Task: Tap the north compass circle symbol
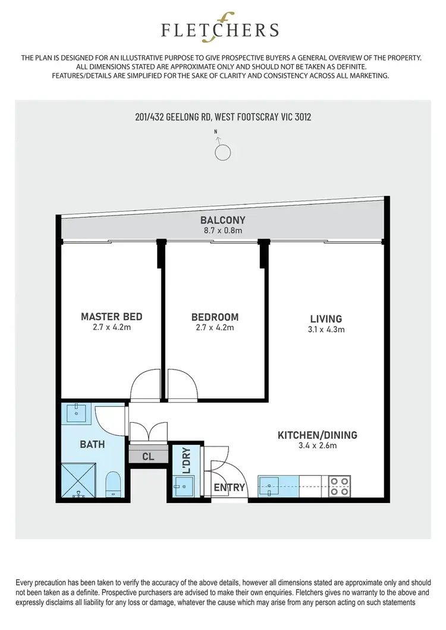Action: tap(223, 152)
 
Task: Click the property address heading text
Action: tap(223, 117)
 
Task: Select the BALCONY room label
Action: tap(223, 220)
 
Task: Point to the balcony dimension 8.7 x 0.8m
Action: tap(223, 231)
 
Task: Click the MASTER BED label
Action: tap(112, 316)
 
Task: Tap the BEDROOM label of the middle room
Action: tap(215, 316)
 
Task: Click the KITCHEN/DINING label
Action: tap(318, 435)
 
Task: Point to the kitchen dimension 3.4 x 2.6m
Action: tap(318, 446)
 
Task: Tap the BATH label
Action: tap(92, 444)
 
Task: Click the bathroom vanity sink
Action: tap(78, 413)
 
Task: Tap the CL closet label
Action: tap(147, 457)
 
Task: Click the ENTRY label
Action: tap(230, 487)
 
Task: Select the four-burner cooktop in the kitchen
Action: tap(338, 486)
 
